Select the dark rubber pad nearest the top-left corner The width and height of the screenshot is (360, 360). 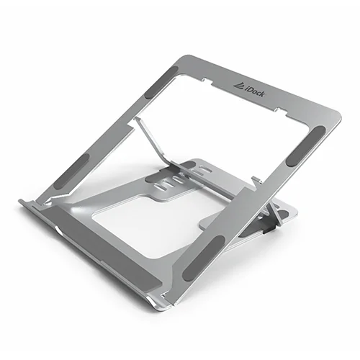tap(161, 82)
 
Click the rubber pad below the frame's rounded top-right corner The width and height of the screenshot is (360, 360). tap(306, 145)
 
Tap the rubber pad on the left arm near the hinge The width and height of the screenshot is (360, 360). tap(72, 172)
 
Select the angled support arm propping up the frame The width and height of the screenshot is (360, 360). tap(158, 146)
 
